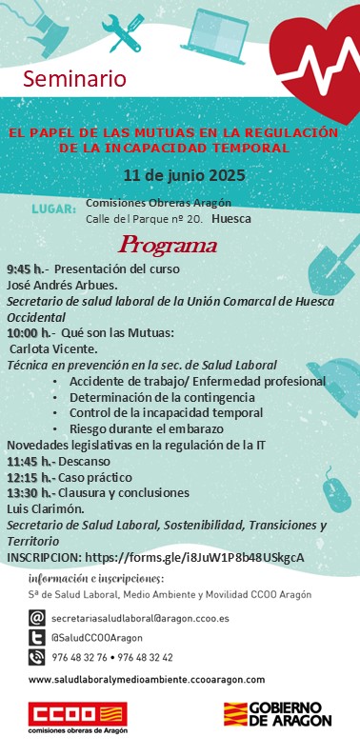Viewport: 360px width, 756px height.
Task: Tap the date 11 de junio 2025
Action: pyautogui.click(x=184, y=175)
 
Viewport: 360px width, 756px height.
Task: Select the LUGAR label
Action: pyautogui.click(x=54, y=208)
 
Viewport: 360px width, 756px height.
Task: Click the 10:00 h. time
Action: pyautogui.click(x=29, y=332)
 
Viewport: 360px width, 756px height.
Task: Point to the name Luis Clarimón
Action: pyautogui.click(x=41, y=508)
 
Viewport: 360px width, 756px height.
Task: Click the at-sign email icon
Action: pyautogui.click(x=37, y=617)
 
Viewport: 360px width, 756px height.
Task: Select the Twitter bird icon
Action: pyautogui.click(x=37, y=637)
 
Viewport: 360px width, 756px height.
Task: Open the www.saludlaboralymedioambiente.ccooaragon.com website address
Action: pyautogui.click(x=147, y=679)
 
